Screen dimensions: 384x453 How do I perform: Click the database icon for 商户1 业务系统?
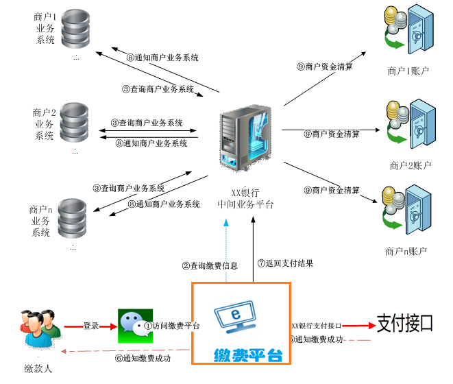click(x=75, y=27)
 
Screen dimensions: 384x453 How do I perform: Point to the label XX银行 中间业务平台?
click(x=245, y=198)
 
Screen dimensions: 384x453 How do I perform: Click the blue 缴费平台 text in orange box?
click(x=247, y=355)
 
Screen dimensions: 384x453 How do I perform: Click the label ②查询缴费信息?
click(x=209, y=265)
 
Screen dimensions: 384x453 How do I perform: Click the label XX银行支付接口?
click(x=317, y=326)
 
